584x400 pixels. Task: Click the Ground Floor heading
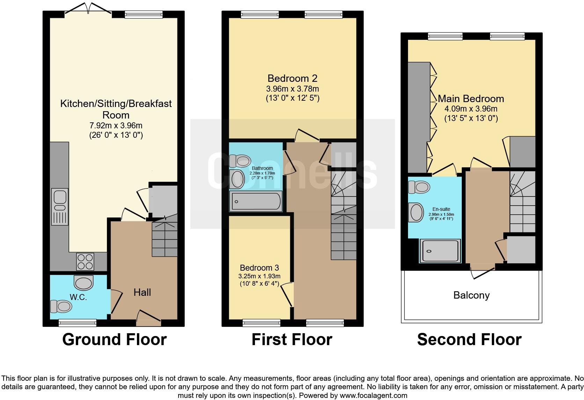[114, 340]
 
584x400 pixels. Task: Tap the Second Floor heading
[469, 340]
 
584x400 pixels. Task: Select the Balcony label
[471, 295]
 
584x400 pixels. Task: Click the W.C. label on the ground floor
[78, 297]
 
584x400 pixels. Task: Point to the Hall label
[142, 292]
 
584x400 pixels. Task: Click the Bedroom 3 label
[259, 268]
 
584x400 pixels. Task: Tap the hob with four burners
[86, 261]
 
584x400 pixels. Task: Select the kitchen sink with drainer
[60, 206]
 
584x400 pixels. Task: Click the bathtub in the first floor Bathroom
[256, 201]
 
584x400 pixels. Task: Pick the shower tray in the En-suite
[440, 251]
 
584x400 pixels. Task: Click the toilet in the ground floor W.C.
[61, 306]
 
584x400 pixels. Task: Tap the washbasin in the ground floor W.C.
[84, 282]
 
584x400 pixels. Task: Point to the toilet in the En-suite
[419, 187]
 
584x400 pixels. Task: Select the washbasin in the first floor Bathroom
[238, 179]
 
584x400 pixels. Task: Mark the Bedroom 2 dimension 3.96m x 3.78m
[292, 89]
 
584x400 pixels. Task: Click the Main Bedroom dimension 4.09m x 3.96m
[471, 109]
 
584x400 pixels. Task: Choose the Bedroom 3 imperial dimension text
[259, 284]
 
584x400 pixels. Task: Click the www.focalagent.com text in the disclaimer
[373, 395]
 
